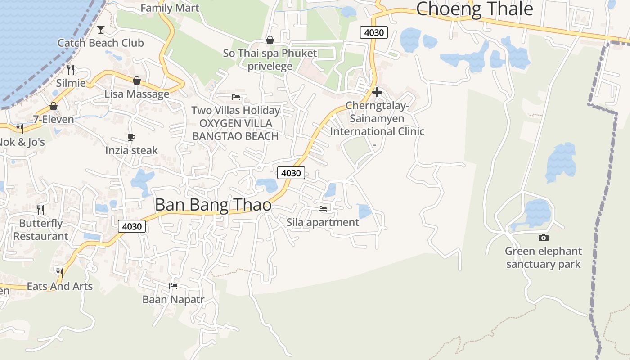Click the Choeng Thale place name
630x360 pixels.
point(474,9)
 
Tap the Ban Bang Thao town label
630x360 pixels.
point(213,205)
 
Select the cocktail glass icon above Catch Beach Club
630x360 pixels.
point(101,30)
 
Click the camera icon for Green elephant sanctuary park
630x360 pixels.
point(543,238)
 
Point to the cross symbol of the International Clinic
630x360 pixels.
point(377,92)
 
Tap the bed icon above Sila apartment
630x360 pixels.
point(323,208)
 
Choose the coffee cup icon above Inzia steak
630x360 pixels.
point(131,137)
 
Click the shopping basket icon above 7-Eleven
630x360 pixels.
point(54,106)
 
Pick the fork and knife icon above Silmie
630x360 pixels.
point(71,69)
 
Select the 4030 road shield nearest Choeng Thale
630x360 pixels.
point(373,32)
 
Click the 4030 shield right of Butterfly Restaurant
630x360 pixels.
point(132,226)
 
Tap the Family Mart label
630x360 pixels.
point(170,8)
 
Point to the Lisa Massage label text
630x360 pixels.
point(137,94)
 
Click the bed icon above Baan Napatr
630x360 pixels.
point(173,286)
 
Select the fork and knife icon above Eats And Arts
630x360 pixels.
point(59,272)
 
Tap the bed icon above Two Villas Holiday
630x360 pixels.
point(236,97)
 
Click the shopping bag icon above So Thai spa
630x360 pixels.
point(270,40)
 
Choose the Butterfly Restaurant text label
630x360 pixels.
point(40,229)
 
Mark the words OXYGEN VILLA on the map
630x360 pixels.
point(236,123)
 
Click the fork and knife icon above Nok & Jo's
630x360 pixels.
point(19,129)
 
